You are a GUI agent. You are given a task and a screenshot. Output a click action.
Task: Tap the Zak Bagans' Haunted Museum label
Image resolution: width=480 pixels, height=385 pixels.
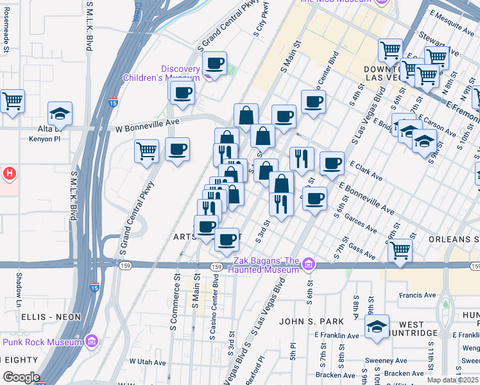[266, 265]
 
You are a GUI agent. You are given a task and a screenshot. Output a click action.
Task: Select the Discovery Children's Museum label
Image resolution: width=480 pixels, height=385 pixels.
[181, 73]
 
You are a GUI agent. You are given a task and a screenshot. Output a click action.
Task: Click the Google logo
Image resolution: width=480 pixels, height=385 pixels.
[21, 377]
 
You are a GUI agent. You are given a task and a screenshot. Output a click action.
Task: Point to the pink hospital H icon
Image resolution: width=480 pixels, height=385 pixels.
[9, 173]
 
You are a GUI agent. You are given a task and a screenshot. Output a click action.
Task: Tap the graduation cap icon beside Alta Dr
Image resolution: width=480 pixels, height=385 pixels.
[60, 114]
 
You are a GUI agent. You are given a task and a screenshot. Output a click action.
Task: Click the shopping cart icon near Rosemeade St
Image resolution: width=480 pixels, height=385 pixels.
[12, 101]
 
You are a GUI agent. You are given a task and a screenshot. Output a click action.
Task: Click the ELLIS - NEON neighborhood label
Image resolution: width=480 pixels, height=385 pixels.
[51, 317]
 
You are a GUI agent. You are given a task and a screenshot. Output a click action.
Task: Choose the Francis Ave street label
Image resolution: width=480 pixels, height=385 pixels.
[417, 296]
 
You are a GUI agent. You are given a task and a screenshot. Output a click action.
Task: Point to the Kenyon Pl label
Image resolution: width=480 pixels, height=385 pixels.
[45, 138]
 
